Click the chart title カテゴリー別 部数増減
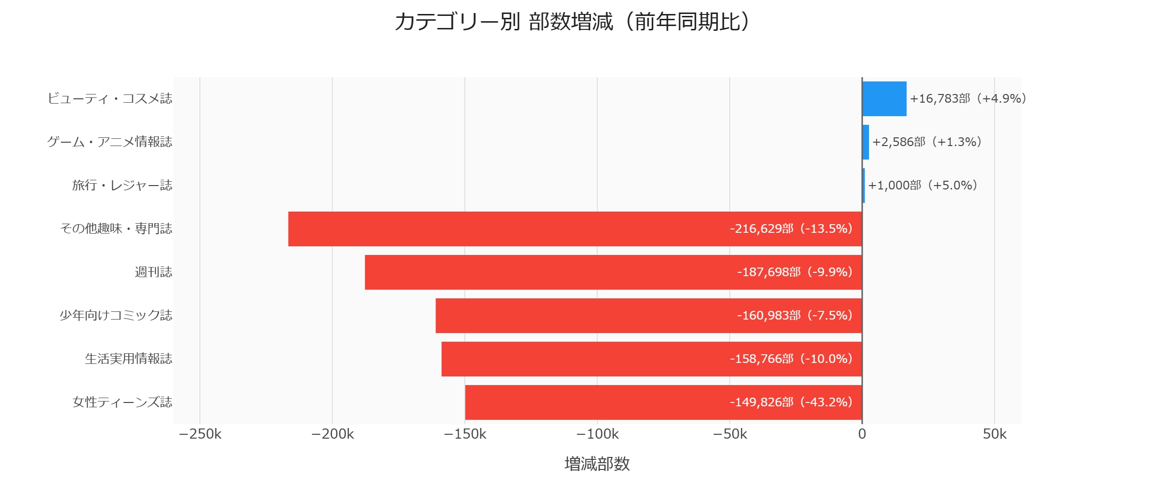[x=572, y=22]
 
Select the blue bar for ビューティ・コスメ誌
[x=884, y=99]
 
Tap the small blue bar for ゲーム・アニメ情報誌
[x=866, y=142]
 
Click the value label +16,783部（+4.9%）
[x=968, y=99]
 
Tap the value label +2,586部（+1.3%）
[x=927, y=142]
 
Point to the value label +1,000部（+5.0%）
[x=923, y=186]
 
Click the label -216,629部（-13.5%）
[x=791, y=229]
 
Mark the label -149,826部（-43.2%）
[x=791, y=402]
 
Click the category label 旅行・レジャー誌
[x=122, y=186]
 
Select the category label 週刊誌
[x=153, y=272]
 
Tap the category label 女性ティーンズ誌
[x=122, y=402]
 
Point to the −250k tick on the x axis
[x=200, y=434]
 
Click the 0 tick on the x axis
[x=862, y=434]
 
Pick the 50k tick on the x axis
[x=995, y=434]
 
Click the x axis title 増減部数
[x=597, y=464]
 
